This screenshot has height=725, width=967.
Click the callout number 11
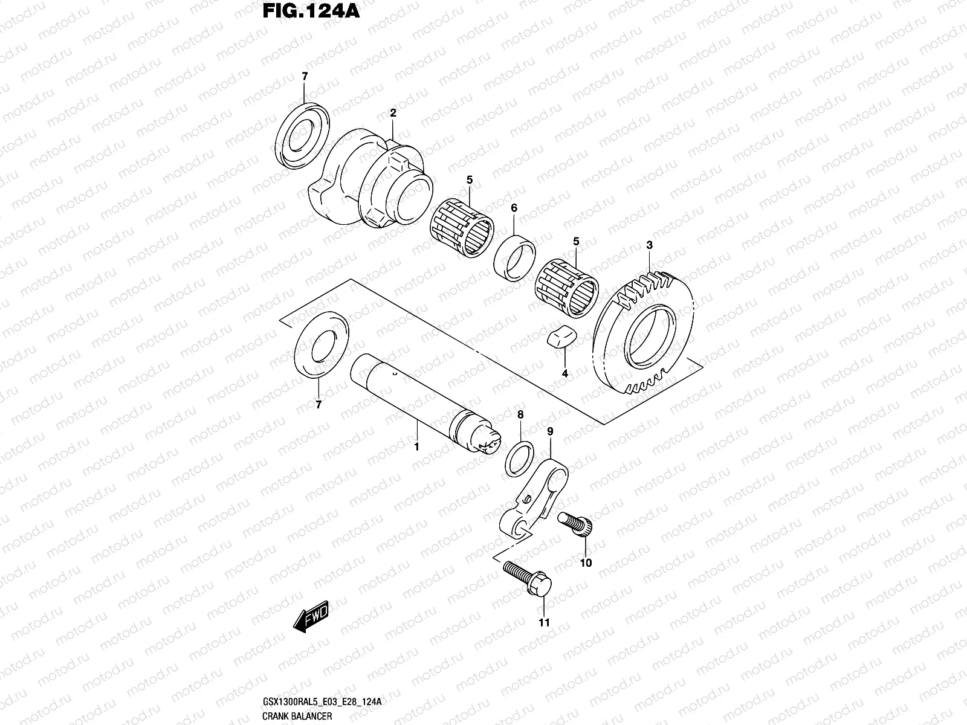[544, 623]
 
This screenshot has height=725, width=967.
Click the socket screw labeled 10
[577, 523]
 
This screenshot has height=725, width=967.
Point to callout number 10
[585, 563]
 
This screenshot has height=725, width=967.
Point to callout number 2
[393, 113]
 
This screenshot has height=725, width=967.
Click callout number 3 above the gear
[649, 245]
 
